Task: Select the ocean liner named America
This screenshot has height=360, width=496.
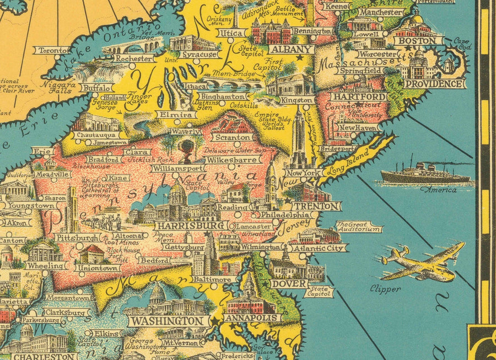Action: (424, 174)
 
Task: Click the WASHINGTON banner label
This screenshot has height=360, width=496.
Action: (167, 320)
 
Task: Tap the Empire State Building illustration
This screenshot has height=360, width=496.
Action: (299, 138)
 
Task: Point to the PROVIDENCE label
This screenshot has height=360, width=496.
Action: (434, 84)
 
